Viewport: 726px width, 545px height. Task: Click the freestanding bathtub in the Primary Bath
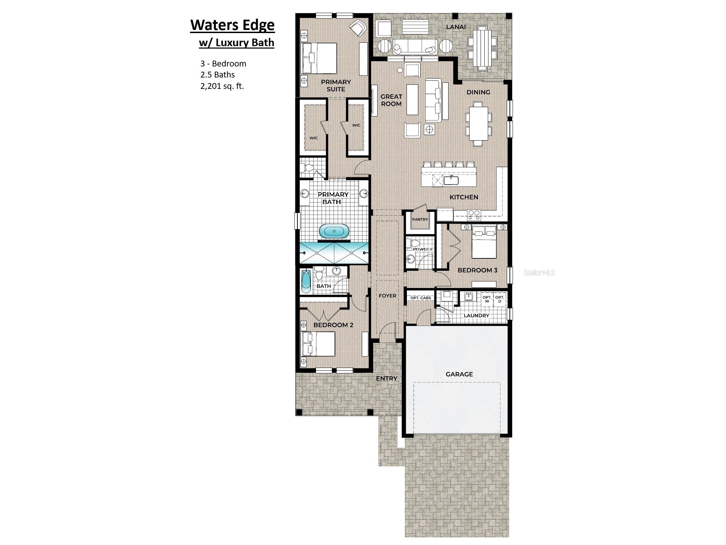(x=334, y=231)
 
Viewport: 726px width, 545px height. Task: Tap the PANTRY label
(x=420, y=219)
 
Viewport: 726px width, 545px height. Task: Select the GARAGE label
(x=459, y=374)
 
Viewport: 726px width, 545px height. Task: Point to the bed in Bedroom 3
(x=484, y=242)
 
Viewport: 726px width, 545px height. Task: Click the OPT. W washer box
(x=487, y=299)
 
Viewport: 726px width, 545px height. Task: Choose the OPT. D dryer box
(x=499, y=299)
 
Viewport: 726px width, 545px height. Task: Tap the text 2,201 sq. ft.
(x=222, y=86)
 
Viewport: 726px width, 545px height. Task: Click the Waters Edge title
(x=232, y=25)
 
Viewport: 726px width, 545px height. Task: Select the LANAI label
(x=456, y=27)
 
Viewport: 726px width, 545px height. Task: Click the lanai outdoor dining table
(x=482, y=48)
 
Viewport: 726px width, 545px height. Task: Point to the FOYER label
(x=387, y=296)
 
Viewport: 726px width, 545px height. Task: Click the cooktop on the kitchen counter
(x=474, y=215)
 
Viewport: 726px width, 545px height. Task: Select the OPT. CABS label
(x=421, y=298)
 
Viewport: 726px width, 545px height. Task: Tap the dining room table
(x=478, y=123)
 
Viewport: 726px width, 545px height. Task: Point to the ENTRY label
(x=387, y=378)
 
